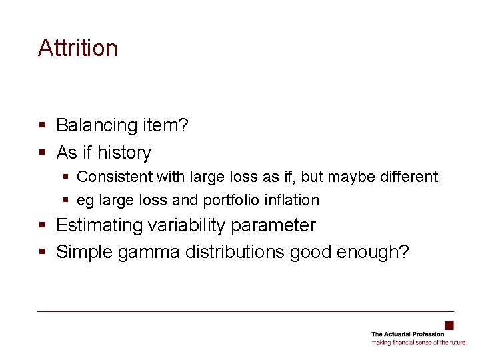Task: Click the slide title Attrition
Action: click(x=78, y=48)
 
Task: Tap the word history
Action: click(x=124, y=153)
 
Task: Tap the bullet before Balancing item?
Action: click(x=42, y=125)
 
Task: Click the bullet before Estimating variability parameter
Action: click(x=42, y=225)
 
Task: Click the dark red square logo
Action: click(x=449, y=325)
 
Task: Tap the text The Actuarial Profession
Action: click(x=407, y=333)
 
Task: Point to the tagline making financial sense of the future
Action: click(x=418, y=342)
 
